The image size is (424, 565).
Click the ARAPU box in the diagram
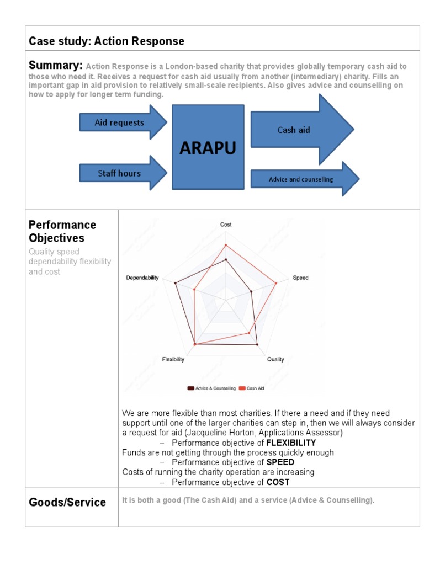(208, 147)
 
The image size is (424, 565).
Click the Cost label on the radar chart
(226, 225)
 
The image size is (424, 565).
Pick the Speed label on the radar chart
(300, 278)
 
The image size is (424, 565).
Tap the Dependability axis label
(142, 278)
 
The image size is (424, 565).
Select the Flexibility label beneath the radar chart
(173, 359)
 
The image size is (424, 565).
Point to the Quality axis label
(275, 359)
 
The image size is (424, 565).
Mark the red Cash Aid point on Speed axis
(276, 284)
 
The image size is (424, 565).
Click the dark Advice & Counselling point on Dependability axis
(176, 284)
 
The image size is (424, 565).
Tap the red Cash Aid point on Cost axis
(226, 245)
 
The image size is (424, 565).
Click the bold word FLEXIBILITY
(291, 443)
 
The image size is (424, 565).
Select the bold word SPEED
(280, 462)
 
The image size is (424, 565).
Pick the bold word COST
(278, 482)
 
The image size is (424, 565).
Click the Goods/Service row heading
(67, 502)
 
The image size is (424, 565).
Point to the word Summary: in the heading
(56, 66)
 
